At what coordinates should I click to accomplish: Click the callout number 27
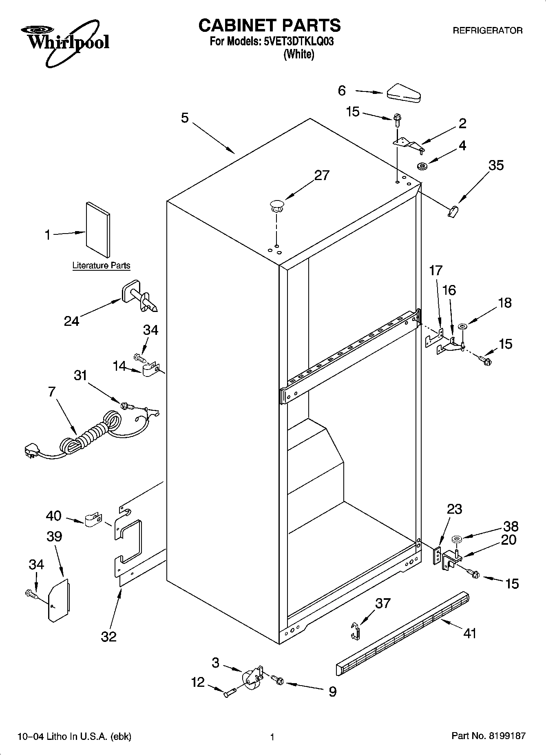click(x=322, y=176)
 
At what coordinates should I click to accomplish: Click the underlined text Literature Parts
click(x=101, y=265)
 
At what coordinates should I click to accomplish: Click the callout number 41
click(x=470, y=633)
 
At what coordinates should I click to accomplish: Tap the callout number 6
click(x=342, y=91)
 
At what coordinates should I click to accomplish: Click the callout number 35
click(x=496, y=165)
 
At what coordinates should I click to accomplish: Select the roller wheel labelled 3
click(x=250, y=679)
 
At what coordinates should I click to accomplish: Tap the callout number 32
click(x=108, y=636)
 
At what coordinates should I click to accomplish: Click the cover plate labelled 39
click(x=58, y=600)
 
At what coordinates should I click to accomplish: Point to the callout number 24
click(x=72, y=321)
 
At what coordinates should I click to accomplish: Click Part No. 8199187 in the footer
click(x=488, y=736)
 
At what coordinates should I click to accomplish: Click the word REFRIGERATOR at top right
click(x=488, y=31)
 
